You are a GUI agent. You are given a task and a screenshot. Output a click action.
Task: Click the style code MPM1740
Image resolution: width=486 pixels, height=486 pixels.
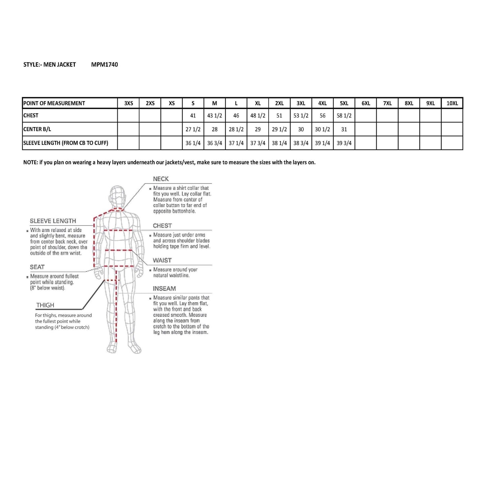pos(104,65)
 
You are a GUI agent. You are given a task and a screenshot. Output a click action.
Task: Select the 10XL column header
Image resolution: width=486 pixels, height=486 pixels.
pos(452,103)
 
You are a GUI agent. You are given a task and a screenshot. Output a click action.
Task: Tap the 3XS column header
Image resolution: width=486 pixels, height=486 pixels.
pos(128,103)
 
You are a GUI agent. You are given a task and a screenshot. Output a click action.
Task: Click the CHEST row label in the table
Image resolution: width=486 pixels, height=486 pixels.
pos(31,115)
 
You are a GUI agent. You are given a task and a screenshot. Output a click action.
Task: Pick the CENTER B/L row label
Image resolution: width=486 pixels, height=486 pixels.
pos(37,129)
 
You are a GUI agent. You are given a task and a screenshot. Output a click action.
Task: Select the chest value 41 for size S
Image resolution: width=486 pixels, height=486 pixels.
pos(193,116)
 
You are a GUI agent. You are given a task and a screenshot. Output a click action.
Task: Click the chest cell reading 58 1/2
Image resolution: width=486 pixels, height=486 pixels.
pos(344,116)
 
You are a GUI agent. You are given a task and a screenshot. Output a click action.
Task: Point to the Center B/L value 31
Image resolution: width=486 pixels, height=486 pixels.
pos(344,129)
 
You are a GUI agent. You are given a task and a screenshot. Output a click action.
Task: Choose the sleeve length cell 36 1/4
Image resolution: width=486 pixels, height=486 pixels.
pos(193,143)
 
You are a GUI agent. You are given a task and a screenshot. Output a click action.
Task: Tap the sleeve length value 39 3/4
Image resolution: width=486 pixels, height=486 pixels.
pos(344,143)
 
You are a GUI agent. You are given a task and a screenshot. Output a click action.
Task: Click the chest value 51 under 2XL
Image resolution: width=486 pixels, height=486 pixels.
pos(279,116)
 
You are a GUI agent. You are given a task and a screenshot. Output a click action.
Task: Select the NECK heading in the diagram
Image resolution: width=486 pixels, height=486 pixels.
pos(161,179)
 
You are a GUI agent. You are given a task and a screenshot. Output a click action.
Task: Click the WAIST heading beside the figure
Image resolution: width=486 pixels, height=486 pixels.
pos(162,260)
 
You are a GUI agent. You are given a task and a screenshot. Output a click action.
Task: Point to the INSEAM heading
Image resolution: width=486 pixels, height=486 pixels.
pos(164,289)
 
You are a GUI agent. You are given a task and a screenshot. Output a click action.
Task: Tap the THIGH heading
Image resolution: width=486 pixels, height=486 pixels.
pos(45,305)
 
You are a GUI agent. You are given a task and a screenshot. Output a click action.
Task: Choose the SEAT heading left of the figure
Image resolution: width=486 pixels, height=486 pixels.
pos(37,267)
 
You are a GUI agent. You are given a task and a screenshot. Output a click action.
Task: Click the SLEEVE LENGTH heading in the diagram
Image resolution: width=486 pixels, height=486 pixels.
pos(53,221)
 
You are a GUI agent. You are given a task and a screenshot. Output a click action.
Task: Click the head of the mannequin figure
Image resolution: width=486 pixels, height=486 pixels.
pos(117,197)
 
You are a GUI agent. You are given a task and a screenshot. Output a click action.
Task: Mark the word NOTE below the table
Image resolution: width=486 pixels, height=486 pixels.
pos(30,162)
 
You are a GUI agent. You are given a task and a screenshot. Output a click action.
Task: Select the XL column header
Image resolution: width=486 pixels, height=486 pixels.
pos(258,103)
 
